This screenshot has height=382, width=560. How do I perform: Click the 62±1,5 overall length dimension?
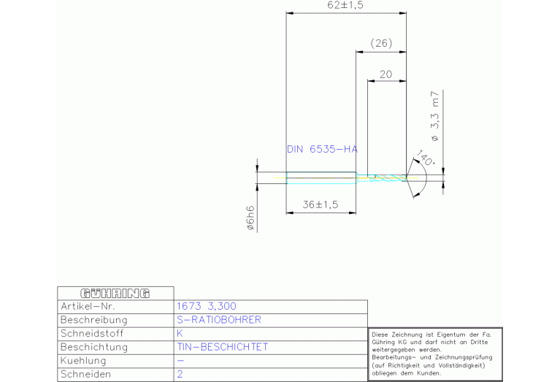(346, 6)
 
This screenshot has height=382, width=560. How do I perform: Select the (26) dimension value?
(381, 44)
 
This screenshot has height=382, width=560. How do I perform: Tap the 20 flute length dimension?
(386, 74)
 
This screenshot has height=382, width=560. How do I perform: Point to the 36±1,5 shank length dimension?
(321, 205)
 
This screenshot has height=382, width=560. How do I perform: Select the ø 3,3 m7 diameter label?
(435, 116)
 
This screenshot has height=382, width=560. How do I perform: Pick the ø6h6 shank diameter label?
(250, 218)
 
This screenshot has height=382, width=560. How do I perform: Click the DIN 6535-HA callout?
(322, 149)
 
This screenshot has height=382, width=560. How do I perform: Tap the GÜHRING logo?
(115, 293)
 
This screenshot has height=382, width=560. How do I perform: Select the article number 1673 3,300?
(207, 306)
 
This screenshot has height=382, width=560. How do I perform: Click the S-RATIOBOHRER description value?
(219, 320)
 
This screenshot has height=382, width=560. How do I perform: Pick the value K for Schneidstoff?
(180, 333)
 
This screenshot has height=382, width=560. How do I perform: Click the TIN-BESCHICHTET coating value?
(223, 347)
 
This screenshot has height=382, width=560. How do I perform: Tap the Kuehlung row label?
(83, 361)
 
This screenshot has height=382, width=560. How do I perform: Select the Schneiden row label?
(86, 374)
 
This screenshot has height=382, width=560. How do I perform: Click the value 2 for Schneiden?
(180, 374)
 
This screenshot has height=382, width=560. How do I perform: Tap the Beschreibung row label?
(94, 320)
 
